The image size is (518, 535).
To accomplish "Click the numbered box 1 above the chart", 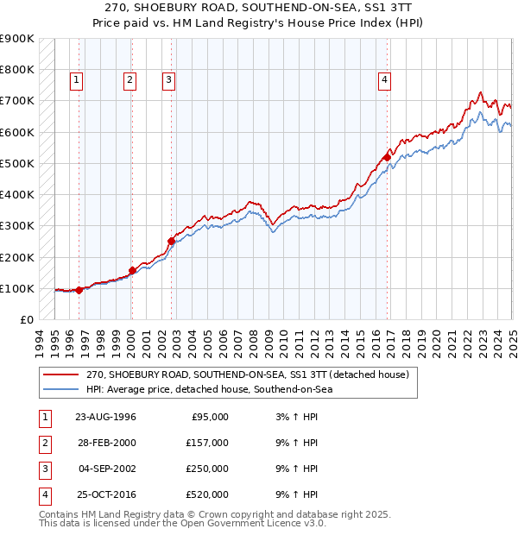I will tap(77, 80).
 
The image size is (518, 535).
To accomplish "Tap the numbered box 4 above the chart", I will tap(383, 80).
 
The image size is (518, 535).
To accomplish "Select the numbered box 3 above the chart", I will tap(168, 80).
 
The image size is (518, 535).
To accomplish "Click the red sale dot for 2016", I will tap(387, 157).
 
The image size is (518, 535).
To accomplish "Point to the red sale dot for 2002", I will tap(171, 242).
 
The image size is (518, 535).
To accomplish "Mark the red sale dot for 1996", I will tap(79, 290).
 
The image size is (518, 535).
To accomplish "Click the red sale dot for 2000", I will tap(132, 270).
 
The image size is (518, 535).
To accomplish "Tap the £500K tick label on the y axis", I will tap(16, 163).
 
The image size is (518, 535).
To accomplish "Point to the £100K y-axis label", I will tap(16, 288).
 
